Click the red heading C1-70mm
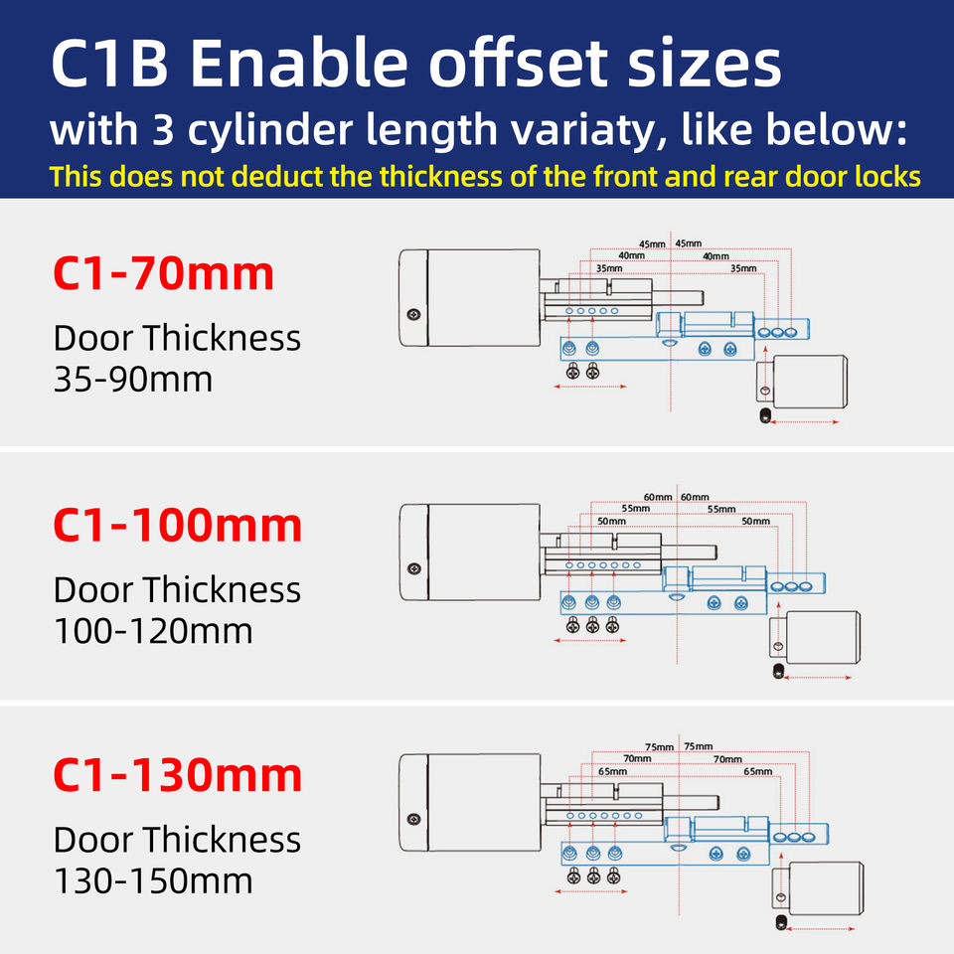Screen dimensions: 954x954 164,273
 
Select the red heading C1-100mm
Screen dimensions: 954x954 178,525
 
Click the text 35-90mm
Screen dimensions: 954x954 133,379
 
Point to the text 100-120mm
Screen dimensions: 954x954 153,630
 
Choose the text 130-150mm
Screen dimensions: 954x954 153,880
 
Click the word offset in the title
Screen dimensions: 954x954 519,63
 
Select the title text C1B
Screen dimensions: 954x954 109,64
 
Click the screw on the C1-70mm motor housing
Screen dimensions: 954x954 413,315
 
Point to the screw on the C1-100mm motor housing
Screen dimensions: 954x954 413,568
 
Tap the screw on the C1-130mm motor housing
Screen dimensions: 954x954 413,819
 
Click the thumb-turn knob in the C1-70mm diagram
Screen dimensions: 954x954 802,382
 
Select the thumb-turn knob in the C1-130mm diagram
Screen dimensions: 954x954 818,888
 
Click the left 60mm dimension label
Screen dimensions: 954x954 658,497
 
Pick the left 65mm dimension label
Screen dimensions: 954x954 613,771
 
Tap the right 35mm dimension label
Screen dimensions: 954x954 743,268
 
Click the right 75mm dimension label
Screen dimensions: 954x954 699,746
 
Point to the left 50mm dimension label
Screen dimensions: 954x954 611,522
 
